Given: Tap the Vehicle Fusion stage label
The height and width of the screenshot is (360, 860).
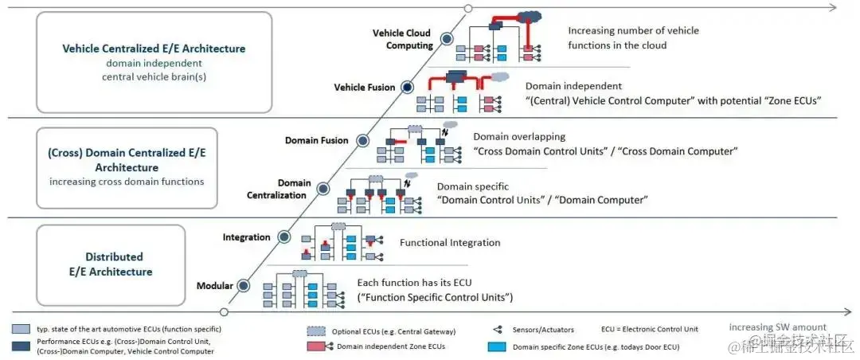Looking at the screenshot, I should click(365, 87).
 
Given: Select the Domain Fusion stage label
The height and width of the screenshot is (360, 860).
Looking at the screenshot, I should click(317, 140).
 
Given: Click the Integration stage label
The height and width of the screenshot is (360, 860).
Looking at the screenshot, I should click(247, 237).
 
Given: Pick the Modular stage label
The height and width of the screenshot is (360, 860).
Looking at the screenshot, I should click(214, 286).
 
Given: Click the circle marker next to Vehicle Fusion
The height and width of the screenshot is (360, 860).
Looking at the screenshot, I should click(408, 87).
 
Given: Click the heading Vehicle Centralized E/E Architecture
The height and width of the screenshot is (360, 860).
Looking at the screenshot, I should click(154, 49).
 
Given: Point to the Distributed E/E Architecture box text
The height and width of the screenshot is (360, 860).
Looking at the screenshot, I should click(114, 264).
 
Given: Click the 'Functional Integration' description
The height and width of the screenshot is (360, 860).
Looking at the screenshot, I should click(450, 243).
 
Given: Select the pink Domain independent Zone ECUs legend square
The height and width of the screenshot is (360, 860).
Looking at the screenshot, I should click(318, 346).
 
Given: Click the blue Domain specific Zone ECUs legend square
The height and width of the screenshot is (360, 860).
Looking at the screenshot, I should click(497, 346).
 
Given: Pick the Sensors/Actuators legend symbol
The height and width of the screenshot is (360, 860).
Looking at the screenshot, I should click(497, 329).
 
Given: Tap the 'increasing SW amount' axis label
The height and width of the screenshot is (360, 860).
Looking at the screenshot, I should click(777, 327).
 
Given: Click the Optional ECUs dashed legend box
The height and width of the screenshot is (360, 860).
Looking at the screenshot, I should click(318, 330).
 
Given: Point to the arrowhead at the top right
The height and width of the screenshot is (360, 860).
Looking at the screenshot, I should click(832, 8).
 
